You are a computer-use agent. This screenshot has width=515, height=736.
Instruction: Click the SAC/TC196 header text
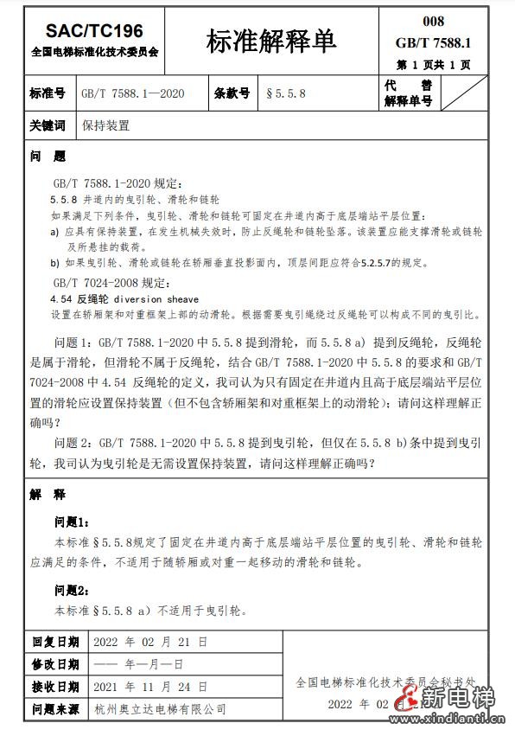pos(94,32)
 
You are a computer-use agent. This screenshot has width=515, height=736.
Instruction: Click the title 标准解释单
pos(270,41)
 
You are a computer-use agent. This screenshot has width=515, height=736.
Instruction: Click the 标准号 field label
pos(48,93)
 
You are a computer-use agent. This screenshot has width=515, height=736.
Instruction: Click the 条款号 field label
pos(232,93)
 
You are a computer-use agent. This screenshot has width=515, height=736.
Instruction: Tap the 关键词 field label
pos(48,125)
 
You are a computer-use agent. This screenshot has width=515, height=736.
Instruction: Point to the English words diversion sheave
pos(162,298)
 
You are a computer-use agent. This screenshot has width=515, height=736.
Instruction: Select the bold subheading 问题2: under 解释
pos(73,591)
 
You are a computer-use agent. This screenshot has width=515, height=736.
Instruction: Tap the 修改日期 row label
pos(55,665)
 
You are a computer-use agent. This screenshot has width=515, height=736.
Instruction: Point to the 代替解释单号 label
pos(408,93)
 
